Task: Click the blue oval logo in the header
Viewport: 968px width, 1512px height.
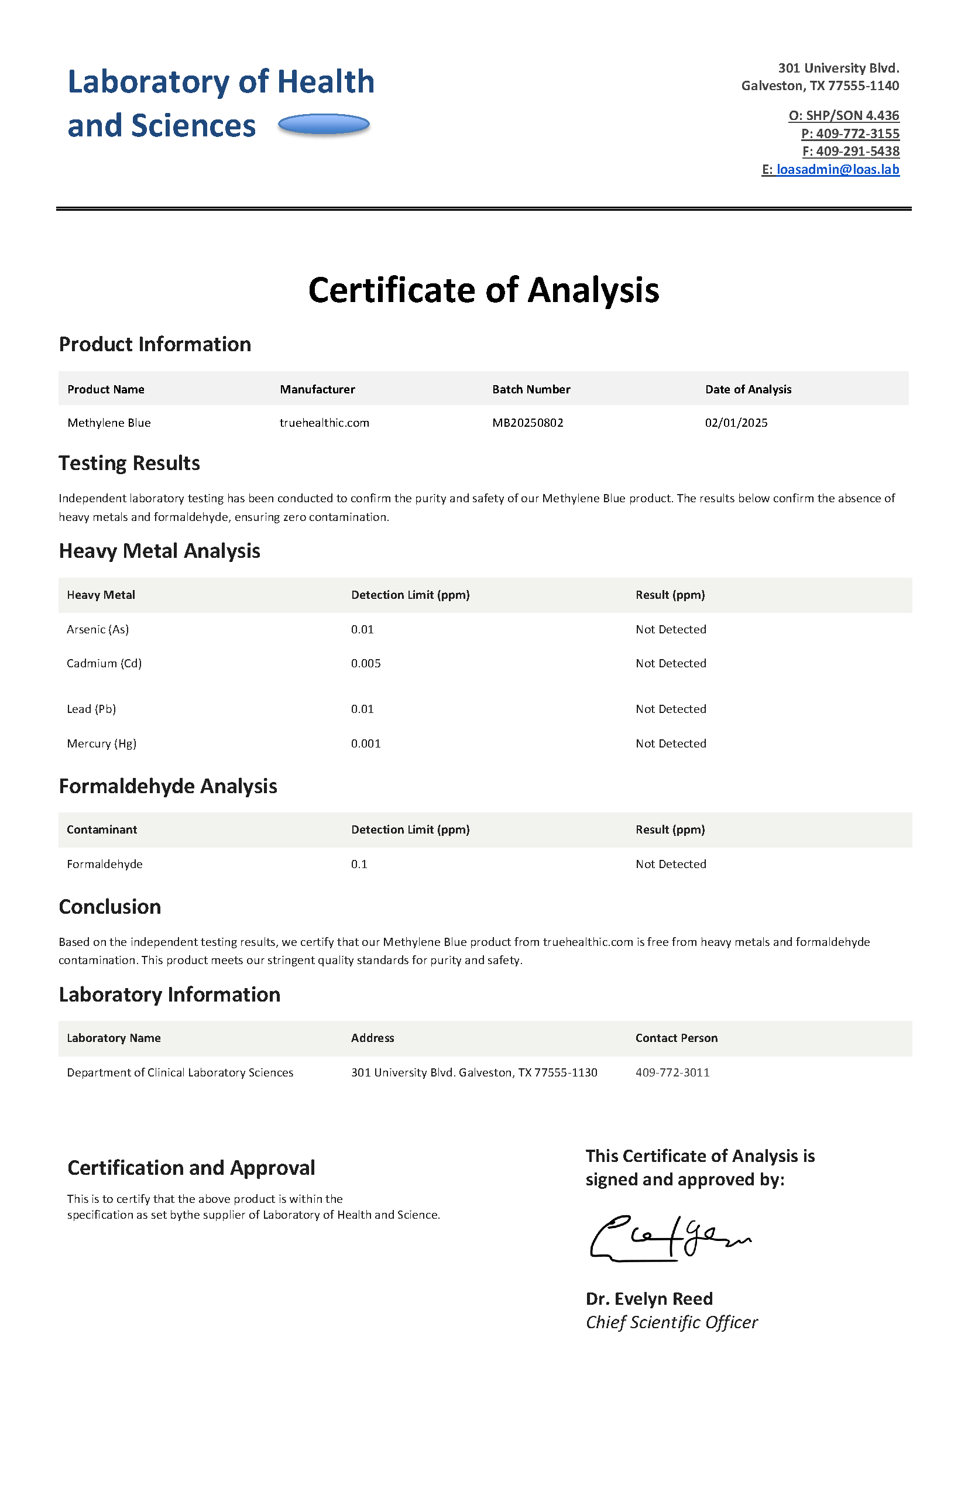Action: (323, 125)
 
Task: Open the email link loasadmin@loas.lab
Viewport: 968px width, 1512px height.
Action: (837, 169)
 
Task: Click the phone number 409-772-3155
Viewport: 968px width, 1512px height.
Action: (857, 133)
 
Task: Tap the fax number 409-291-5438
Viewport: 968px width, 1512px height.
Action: (857, 151)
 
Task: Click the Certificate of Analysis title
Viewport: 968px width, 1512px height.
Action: (483, 290)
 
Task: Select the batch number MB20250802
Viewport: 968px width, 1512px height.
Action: (527, 423)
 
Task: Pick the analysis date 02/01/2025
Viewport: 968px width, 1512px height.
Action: (736, 423)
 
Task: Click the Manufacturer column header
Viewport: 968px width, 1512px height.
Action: (317, 389)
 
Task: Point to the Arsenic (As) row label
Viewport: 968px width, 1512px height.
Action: (97, 629)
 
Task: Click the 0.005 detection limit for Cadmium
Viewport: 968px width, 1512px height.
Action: (366, 663)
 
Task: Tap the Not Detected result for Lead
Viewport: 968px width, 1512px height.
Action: (671, 708)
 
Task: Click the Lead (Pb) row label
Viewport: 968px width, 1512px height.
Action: (91, 708)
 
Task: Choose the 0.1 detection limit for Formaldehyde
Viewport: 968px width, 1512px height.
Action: (359, 864)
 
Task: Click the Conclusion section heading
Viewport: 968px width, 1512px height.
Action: (110, 907)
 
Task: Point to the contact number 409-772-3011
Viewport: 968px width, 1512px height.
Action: (672, 1072)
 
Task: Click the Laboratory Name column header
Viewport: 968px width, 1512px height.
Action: (114, 1037)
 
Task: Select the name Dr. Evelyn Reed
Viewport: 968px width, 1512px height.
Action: (648, 1298)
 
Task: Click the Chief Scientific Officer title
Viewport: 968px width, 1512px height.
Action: (671, 1322)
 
